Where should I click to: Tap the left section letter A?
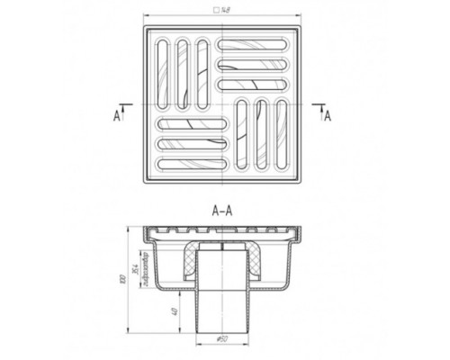point(117,114)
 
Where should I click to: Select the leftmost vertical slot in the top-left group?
point(164,68)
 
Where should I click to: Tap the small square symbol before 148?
point(214,13)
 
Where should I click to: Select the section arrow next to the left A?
point(125,107)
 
